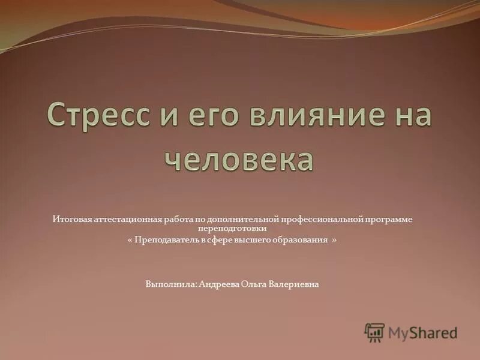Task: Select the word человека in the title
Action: coord(239,158)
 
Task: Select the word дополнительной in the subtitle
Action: coord(235,220)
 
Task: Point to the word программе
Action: coord(390,220)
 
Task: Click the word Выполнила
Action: coord(168,284)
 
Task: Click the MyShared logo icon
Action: coord(375,332)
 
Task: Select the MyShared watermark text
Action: coord(422,332)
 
